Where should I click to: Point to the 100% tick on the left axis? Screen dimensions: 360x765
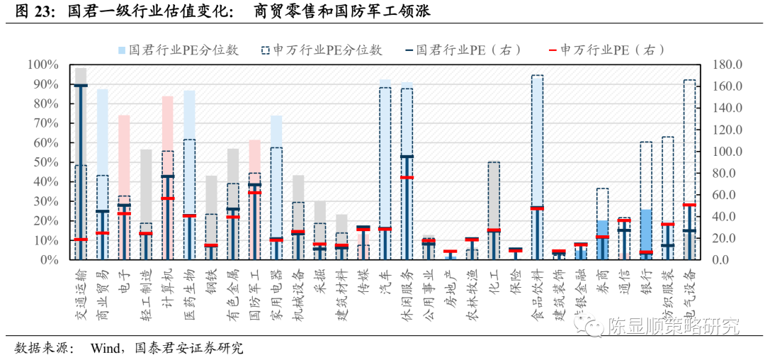tap(43, 65)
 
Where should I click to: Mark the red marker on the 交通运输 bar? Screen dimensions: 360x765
tap(81, 240)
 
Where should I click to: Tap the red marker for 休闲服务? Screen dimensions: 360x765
tap(407, 177)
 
